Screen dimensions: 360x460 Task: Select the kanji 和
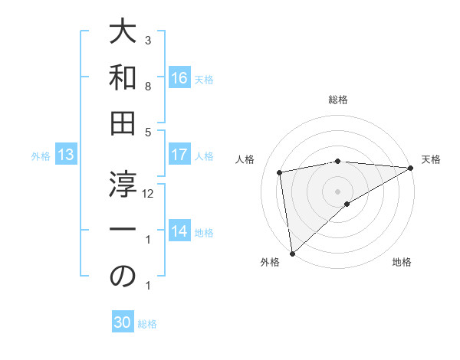pyautogui.click(x=123, y=78)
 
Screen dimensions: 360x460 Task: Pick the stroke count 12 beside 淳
pyautogui.click(x=149, y=194)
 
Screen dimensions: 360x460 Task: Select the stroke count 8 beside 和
pyautogui.click(x=148, y=87)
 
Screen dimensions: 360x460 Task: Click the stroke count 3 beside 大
pyautogui.click(x=148, y=40)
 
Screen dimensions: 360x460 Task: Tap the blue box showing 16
pyautogui.click(x=179, y=77)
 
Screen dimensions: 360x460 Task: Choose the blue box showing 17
pyautogui.click(x=179, y=155)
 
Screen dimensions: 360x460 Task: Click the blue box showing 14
pyautogui.click(x=179, y=231)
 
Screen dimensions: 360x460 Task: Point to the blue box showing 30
pyautogui.click(x=123, y=322)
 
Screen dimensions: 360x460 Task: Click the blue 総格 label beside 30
pyautogui.click(x=147, y=324)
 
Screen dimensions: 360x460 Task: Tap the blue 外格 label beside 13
pyautogui.click(x=41, y=156)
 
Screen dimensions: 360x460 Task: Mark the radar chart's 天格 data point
pyautogui.click(x=411, y=168)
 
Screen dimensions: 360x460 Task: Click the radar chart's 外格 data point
pyautogui.click(x=292, y=254)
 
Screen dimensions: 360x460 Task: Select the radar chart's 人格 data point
pyautogui.click(x=280, y=172)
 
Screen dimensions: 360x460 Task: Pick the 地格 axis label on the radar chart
pyautogui.click(x=402, y=263)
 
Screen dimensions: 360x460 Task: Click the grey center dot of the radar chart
pyautogui.click(x=337, y=191)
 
